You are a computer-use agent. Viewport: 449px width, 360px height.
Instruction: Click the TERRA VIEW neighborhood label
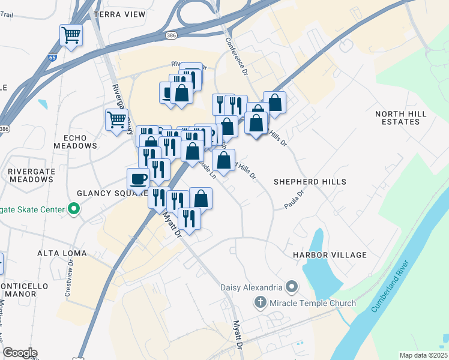click(119, 14)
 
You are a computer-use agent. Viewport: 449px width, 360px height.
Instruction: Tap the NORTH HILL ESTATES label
click(400, 118)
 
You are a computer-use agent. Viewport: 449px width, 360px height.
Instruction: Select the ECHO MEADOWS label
click(75, 141)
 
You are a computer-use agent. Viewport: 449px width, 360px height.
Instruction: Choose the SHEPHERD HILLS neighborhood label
click(310, 181)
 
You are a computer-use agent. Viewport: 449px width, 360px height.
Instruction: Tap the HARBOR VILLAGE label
click(330, 255)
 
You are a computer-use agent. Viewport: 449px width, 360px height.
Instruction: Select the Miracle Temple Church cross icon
click(260, 302)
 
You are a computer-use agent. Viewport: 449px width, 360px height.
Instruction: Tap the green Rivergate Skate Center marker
click(74, 209)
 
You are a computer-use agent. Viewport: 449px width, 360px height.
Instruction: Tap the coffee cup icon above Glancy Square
click(139, 179)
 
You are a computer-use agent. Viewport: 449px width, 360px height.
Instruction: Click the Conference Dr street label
click(237, 57)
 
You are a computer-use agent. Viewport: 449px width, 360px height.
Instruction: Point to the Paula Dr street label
click(295, 199)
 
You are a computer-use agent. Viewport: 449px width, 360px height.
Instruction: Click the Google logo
click(20, 352)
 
